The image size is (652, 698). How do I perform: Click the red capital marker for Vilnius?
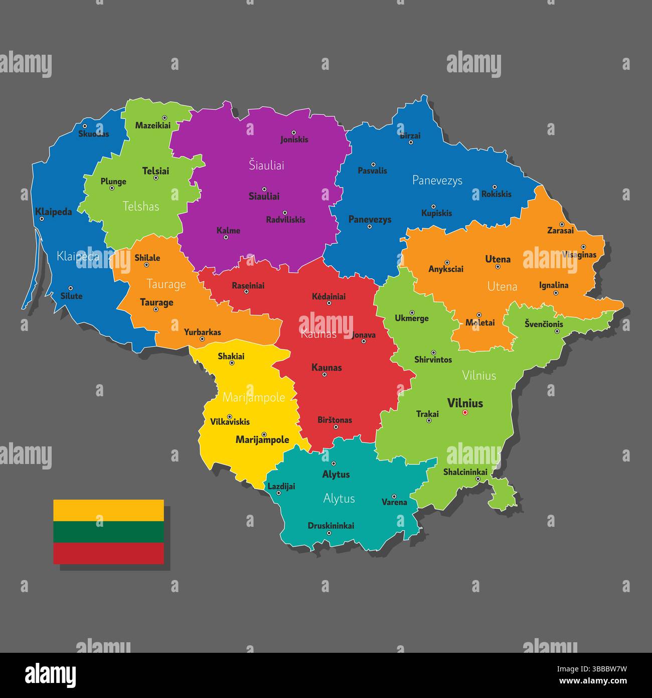coord(465,413)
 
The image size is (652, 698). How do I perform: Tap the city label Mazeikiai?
coord(153,125)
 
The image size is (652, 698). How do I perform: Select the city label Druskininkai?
coord(331,526)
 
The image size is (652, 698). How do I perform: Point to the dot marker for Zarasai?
coord(562,224)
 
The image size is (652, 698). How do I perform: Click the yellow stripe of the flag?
coord(108,510)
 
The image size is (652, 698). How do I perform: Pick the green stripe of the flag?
coord(108,532)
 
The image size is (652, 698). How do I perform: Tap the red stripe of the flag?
coord(108,553)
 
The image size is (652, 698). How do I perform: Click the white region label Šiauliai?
coord(266,165)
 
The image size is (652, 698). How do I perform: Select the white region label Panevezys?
coord(437,180)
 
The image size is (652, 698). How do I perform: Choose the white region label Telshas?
coord(141,206)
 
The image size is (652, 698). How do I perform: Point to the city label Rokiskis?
coord(496,194)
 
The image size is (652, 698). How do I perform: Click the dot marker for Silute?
coord(70,289)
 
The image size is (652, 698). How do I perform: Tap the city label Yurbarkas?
coord(202,332)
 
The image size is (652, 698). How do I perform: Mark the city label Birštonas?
coord(335,420)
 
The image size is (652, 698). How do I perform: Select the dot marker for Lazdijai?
coord(279,493)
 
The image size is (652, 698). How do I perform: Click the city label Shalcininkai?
coord(465,472)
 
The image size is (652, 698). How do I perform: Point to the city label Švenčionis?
coord(544,324)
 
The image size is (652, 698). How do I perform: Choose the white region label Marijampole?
coord(253,398)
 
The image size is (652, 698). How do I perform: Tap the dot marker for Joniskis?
coord(294,132)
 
